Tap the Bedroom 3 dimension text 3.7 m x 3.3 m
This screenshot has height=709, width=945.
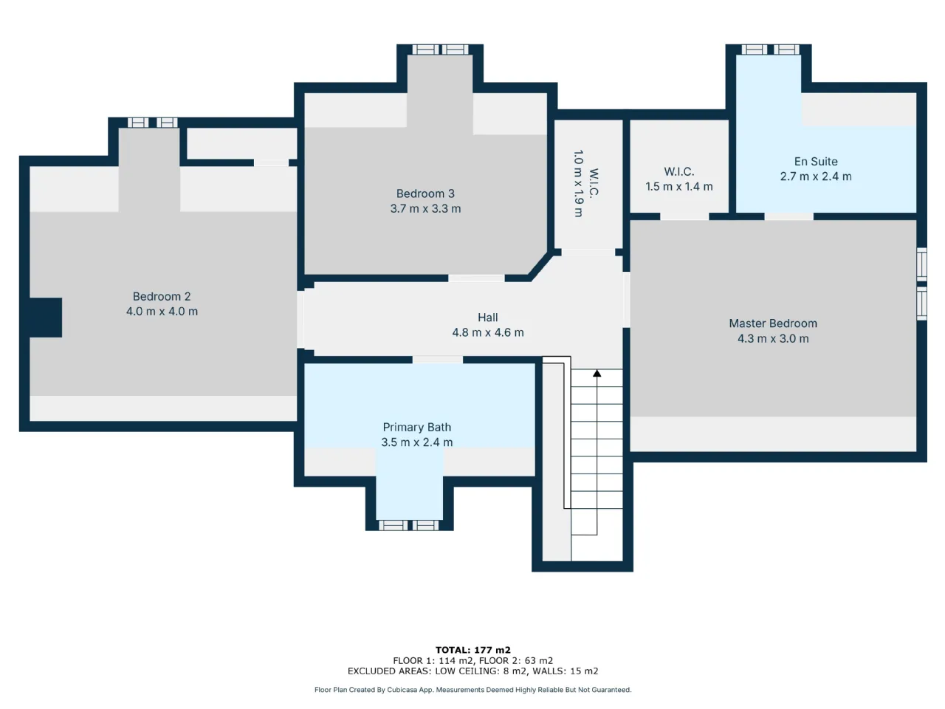425,209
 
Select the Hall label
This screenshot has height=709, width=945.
488,318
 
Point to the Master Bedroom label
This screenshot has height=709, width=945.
773,323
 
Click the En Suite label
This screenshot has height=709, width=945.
816,162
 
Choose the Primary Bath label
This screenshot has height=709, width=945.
416,427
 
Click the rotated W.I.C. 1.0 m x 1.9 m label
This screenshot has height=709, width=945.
585,184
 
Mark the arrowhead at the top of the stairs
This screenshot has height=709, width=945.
597,373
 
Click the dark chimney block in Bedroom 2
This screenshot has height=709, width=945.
46,318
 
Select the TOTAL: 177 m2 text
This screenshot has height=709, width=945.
472,650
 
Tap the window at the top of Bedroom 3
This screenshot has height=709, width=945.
440,49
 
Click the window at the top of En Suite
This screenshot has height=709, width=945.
770,49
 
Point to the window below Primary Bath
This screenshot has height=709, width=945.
408,525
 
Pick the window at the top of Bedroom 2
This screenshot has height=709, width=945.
152,123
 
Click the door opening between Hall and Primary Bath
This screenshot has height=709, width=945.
437,360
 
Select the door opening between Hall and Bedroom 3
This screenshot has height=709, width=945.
476,278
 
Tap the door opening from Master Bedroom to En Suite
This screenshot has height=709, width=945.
788,216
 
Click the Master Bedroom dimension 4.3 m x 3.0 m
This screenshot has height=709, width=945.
773,339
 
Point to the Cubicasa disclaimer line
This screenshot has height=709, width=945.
472,690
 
